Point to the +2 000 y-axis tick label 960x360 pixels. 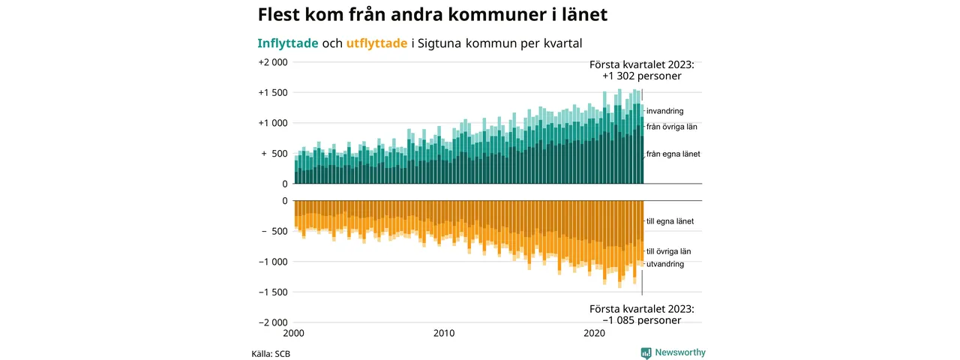tap(273, 62)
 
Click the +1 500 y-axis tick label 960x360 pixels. tap(273, 93)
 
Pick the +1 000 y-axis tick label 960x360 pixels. tap(273, 123)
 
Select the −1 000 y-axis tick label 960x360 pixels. tap(273, 262)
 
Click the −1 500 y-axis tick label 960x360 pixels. tap(273, 292)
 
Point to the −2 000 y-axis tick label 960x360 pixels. tap(273, 322)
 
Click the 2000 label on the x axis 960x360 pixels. tap(294, 333)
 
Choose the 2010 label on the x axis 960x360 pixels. tap(444, 333)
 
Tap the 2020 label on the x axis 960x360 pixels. tap(594, 333)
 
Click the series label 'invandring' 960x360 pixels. tap(664, 111)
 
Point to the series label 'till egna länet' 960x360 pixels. tap(670, 221)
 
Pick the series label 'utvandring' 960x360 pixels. tap(664, 264)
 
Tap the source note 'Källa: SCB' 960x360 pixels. tap(271, 353)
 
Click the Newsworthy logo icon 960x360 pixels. tap(646, 352)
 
